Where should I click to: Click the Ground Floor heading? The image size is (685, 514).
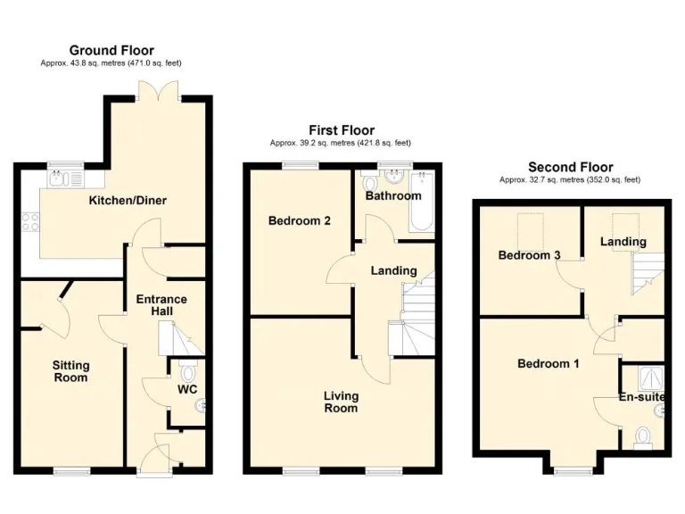click(x=111, y=51)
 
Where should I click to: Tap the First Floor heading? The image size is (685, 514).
click(x=342, y=130)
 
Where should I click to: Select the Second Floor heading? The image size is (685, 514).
click(x=570, y=167)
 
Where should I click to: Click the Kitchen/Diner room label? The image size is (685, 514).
click(x=128, y=200)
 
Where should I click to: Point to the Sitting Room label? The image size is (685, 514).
click(x=70, y=371)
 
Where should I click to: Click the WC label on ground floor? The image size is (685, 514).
click(x=187, y=389)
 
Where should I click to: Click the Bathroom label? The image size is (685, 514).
click(x=392, y=195)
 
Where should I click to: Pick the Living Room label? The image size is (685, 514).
click(x=341, y=402)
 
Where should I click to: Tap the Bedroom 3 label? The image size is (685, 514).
click(x=529, y=255)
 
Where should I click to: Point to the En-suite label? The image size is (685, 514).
click(x=642, y=397)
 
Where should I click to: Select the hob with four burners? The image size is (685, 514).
click(x=28, y=220)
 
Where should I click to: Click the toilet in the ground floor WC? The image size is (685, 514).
click(x=186, y=371)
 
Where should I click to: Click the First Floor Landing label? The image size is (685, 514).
click(x=393, y=270)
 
